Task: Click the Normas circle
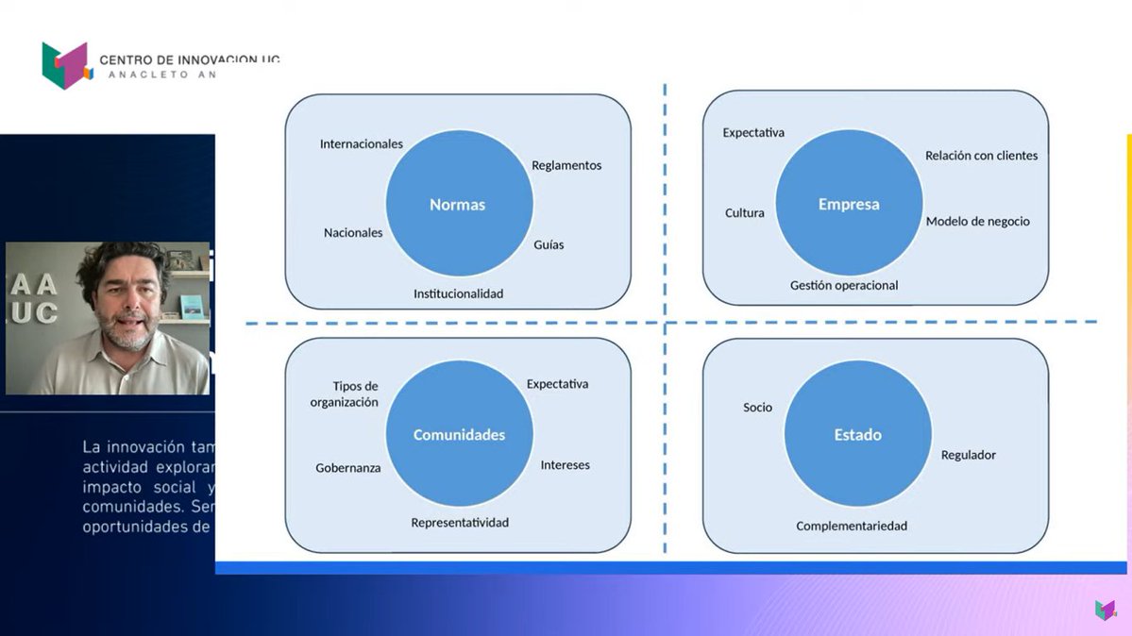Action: pyautogui.click(x=459, y=204)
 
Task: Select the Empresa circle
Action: pyautogui.click(x=849, y=203)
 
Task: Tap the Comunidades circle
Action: pyautogui.click(x=459, y=434)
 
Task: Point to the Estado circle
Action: pyautogui.click(x=857, y=434)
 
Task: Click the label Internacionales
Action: pyautogui.click(x=362, y=144)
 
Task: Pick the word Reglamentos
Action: pyautogui.click(x=566, y=165)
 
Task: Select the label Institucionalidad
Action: pyautogui.click(x=458, y=293)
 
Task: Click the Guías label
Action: pyautogui.click(x=549, y=244)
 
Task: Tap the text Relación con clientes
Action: pyautogui.click(x=981, y=156)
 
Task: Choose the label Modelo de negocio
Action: pyautogui.click(x=977, y=222)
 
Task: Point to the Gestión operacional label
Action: pyautogui.click(x=844, y=285)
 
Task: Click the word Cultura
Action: pyautogui.click(x=745, y=213)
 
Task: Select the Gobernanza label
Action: pyautogui.click(x=348, y=468)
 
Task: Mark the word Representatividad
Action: pyautogui.click(x=460, y=523)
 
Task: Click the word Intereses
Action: pyautogui.click(x=565, y=465)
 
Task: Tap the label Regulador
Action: pyautogui.click(x=968, y=455)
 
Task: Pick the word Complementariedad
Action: pyautogui.click(x=852, y=526)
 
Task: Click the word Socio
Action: pyautogui.click(x=757, y=408)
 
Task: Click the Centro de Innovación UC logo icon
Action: pyautogui.click(x=65, y=65)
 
